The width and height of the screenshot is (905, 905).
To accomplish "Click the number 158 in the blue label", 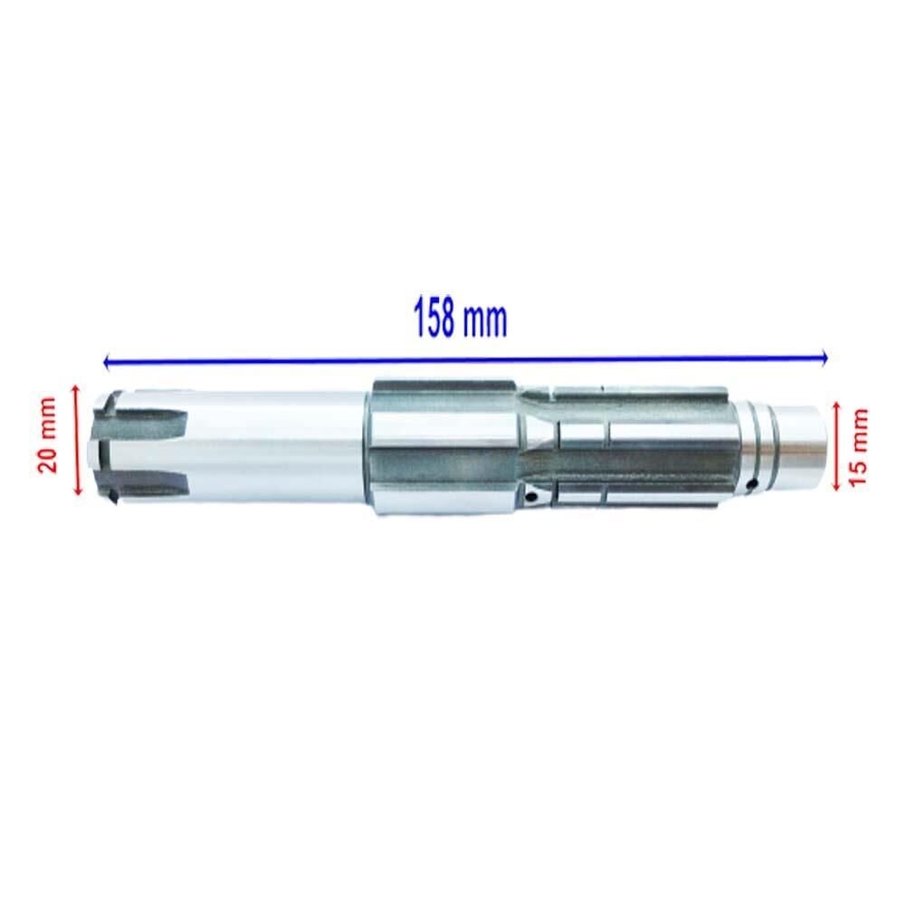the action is (x=435, y=319).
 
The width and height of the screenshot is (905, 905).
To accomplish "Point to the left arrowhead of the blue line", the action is (x=108, y=363).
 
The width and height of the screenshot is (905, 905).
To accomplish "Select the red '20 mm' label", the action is (x=47, y=436).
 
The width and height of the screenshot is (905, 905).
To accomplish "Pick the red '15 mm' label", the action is (x=859, y=447).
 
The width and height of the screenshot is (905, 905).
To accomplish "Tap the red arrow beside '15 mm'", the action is (x=836, y=446).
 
